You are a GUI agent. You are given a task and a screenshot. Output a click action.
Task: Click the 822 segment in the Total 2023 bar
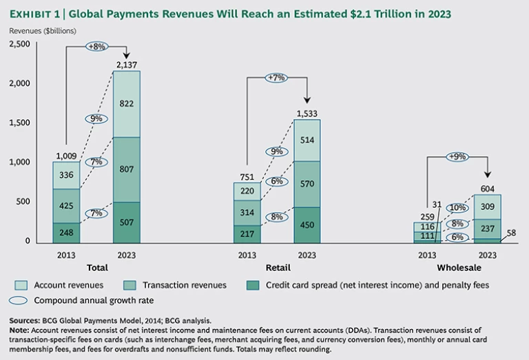(127, 103)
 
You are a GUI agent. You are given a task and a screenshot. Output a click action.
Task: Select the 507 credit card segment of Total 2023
(127, 222)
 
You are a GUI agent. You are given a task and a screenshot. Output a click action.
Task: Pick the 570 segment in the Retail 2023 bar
(307, 184)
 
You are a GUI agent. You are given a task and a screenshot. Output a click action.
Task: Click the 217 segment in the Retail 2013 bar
(247, 233)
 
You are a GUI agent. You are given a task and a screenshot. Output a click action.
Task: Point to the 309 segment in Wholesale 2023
(488, 206)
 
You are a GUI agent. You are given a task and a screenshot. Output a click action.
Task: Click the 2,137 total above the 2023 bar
(127, 64)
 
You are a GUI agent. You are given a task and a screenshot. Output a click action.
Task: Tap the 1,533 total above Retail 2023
(307, 113)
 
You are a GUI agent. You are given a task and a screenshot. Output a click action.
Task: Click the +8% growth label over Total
(96, 46)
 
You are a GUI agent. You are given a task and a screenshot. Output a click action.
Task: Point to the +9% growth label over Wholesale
(457, 156)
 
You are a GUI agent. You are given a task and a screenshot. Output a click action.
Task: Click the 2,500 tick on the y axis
(20, 44)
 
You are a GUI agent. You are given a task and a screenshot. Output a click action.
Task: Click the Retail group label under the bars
(277, 267)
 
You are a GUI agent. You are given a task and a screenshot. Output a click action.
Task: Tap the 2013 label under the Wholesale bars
(428, 255)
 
